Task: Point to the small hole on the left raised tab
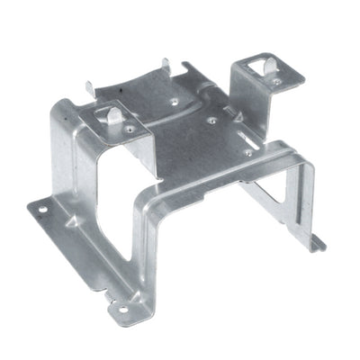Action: pyautogui.click(x=131, y=129)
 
